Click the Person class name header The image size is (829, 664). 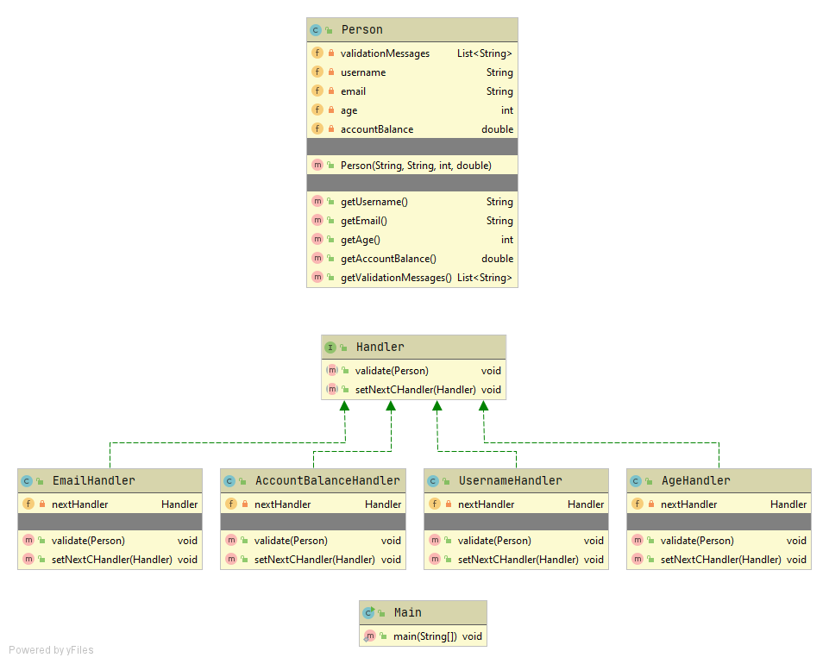click(x=361, y=30)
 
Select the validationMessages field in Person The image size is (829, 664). click(x=385, y=53)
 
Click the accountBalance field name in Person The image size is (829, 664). click(x=377, y=129)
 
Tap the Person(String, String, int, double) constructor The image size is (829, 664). click(x=416, y=166)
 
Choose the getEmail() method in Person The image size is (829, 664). click(x=364, y=221)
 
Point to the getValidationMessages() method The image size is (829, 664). click(x=396, y=278)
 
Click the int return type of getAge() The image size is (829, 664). click(x=506, y=240)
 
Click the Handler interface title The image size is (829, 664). click(x=380, y=348)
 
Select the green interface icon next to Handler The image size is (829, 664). click(x=330, y=348)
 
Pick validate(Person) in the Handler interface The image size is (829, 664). click(x=392, y=371)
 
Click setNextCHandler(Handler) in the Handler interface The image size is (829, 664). click(x=415, y=390)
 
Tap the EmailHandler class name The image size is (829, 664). click(x=93, y=480)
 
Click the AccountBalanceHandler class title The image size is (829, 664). click(x=327, y=480)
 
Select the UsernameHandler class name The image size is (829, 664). click(x=510, y=480)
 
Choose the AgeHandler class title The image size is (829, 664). click(x=694, y=480)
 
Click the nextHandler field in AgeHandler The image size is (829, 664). click(x=688, y=504)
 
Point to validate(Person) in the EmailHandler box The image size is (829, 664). click(x=88, y=541)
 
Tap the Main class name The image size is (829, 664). click(x=407, y=612)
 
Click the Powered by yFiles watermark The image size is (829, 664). click(x=52, y=650)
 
